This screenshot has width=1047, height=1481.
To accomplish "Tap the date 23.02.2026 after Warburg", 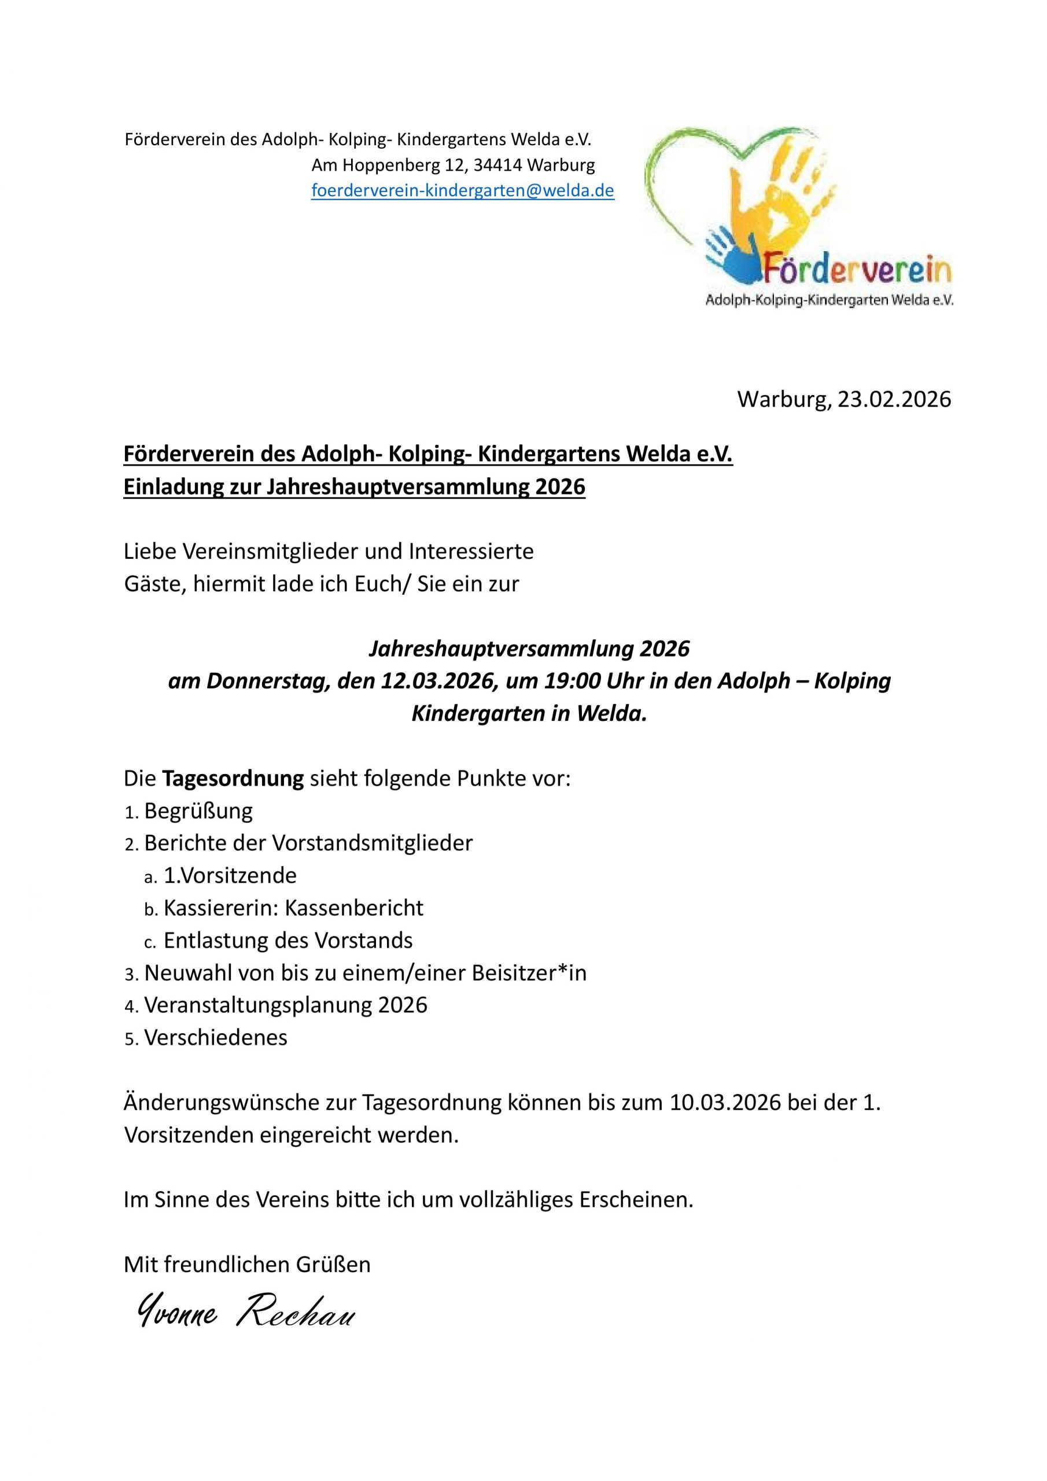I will [894, 400].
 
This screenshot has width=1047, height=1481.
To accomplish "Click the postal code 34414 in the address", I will [498, 166].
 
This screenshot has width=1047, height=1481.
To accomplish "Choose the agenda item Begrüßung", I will [198, 811].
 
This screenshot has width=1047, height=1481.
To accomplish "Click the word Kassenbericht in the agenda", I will [354, 908].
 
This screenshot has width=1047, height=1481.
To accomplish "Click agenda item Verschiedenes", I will [215, 1038].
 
